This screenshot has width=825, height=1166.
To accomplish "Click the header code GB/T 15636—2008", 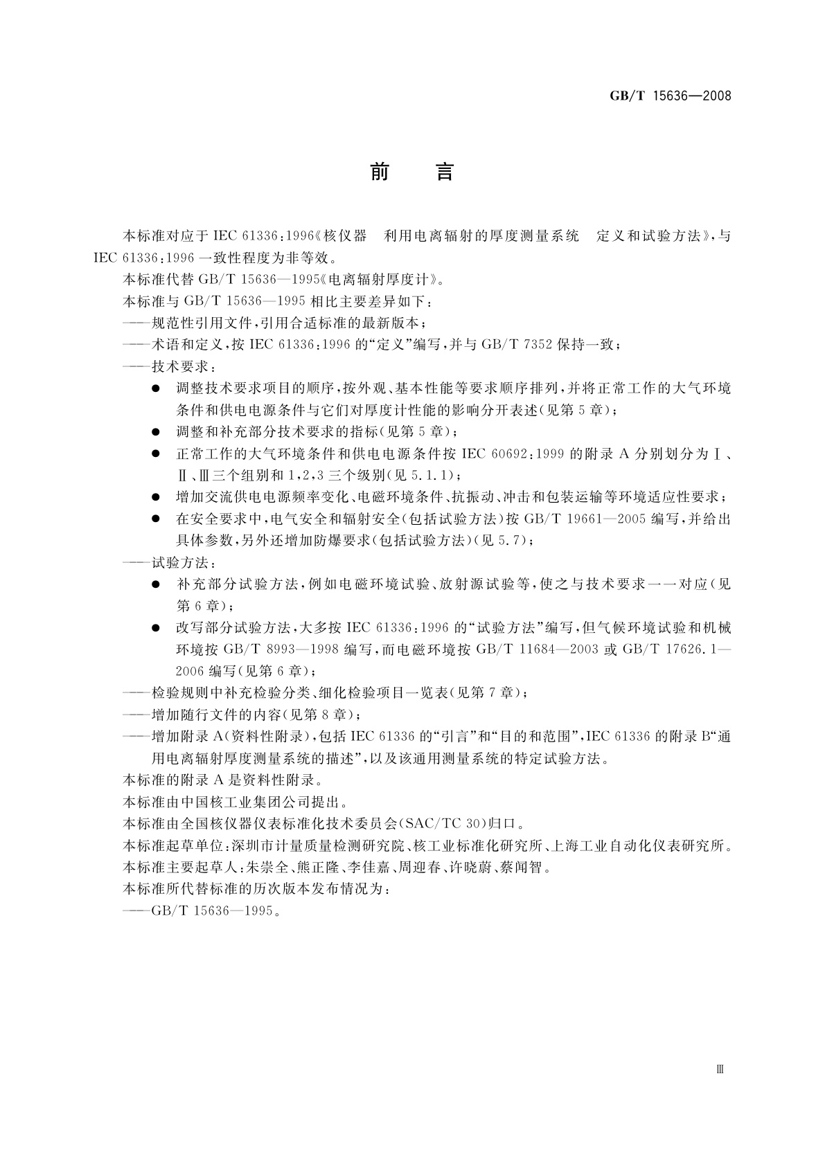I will (x=670, y=96).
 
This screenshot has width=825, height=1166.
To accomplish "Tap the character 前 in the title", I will (x=380, y=171).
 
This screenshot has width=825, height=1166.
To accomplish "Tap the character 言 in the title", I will (x=444, y=171).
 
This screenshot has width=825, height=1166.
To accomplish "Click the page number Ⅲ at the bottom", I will (x=720, y=1069).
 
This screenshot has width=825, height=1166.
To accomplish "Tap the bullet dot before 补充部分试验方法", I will (x=157, y=584).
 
